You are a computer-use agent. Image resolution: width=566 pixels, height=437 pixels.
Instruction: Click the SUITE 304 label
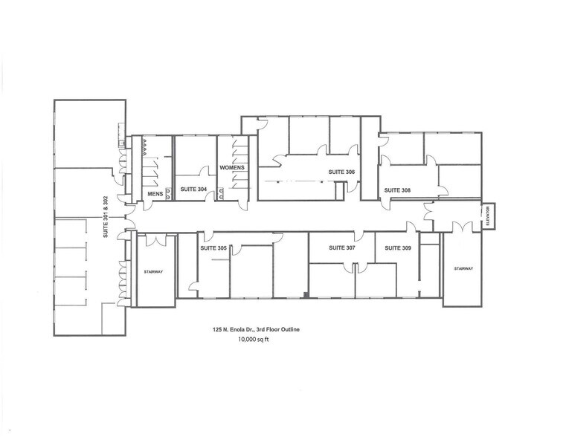[x=193, y=190]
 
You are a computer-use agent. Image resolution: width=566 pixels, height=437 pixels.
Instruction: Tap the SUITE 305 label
[x=213, y=247]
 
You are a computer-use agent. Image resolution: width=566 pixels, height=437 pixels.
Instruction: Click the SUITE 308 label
[x=397, y=190]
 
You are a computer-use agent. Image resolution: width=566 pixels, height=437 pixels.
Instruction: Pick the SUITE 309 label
[x=397, y=247]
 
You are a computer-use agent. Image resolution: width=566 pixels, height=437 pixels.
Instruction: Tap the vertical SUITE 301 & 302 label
[x=106, y=217]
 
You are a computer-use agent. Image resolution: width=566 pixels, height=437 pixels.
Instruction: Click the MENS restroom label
[x=155, y=194]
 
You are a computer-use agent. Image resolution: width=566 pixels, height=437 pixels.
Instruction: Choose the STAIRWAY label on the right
[x=462, y=268]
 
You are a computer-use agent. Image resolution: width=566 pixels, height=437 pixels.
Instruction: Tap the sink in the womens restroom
[x=222, y=195]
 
